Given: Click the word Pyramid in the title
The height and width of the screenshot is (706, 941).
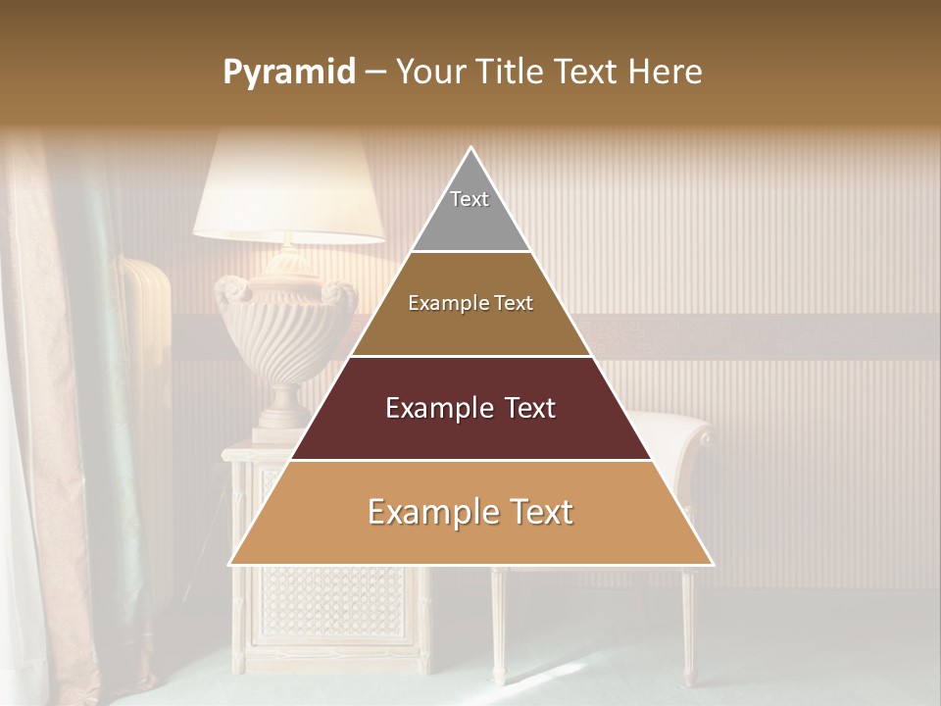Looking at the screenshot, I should (288, 73).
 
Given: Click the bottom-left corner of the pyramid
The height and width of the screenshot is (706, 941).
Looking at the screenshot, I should (231, 564).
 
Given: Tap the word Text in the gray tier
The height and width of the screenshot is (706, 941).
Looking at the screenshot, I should (470, 199).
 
